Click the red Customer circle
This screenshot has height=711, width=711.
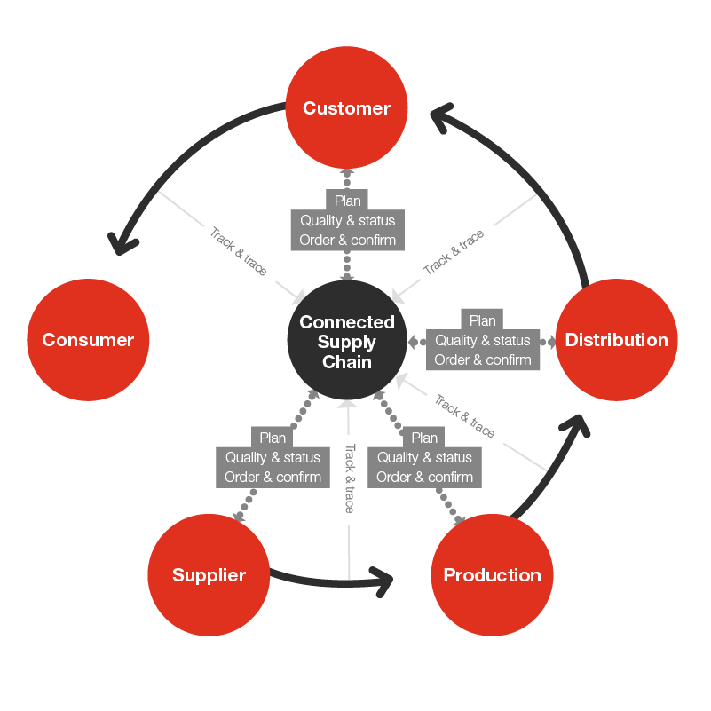[x=346, y=108]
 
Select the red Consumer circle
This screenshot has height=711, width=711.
[x=88, y=340]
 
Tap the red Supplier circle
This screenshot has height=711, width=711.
[x=209, y=575]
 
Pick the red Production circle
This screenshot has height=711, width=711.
[x=492, y=575]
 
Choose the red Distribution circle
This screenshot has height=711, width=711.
[x=616, y=340]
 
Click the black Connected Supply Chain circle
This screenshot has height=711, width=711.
[x=347, y=342]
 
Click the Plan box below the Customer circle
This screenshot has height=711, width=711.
[x=348, y=201]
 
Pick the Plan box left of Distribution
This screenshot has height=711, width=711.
[x=483, y=320]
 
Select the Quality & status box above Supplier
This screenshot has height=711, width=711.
[x=273, y=457]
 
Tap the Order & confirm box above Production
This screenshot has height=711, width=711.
[x=424, y=478]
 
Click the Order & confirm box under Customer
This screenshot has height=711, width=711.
[x=348, y=241]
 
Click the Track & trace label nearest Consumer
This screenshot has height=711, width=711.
[x=238, y=251]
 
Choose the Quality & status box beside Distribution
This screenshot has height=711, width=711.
[x=483, y=340]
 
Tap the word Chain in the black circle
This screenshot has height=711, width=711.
[x=347, y=362]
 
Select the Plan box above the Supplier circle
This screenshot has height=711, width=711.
[x=273, y=438]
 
